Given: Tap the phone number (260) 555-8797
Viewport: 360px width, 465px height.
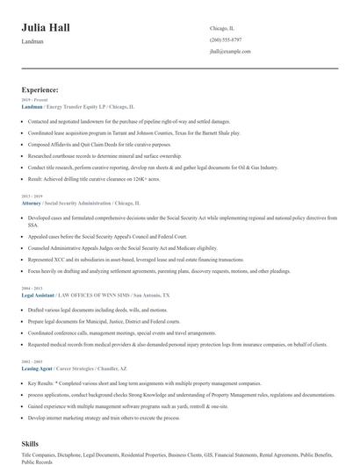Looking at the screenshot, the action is click(226, 40).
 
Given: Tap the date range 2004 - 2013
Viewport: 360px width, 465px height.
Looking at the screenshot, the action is click(32, 288).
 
